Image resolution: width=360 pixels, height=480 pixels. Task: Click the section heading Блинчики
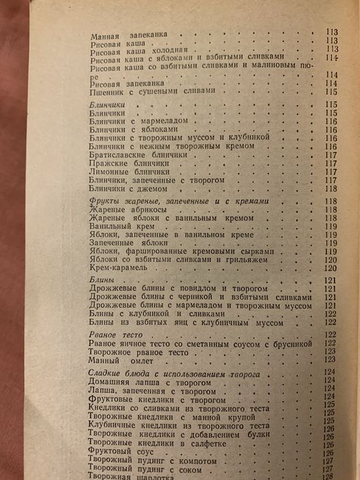pyautogui.click(x=108, y=104)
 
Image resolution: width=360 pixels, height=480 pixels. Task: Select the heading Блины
pyautogui.click(x=102, y=280)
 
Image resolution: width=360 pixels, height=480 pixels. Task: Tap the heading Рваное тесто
pyautogui.click(x=114, y=334)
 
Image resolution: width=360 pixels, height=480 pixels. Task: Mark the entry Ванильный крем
pyautogui.click(x=121, y=226)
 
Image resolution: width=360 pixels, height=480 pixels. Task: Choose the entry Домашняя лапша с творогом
pyautogui.click(x=145, y=381)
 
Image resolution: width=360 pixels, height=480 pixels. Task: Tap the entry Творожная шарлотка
pyautogui.click(x=128, y=477)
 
